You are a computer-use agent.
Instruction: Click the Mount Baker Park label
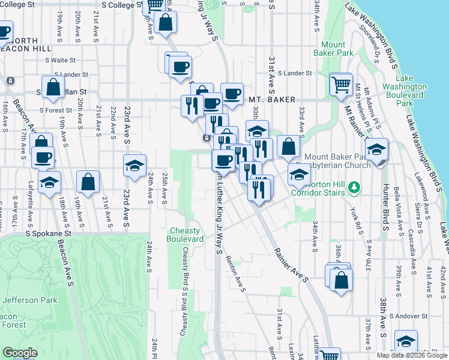(x=333, y=49)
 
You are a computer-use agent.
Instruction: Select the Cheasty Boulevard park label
(x=187, y=235)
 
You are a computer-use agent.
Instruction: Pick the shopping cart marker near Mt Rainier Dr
(x=341, y=84)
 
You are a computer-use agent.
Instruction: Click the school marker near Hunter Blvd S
(x=376, y=149)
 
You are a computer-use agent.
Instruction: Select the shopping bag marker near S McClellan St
(x=53, y=86)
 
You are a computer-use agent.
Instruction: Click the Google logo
(x=20, y=353)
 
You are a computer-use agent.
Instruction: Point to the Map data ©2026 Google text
(x=411, y=355)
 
